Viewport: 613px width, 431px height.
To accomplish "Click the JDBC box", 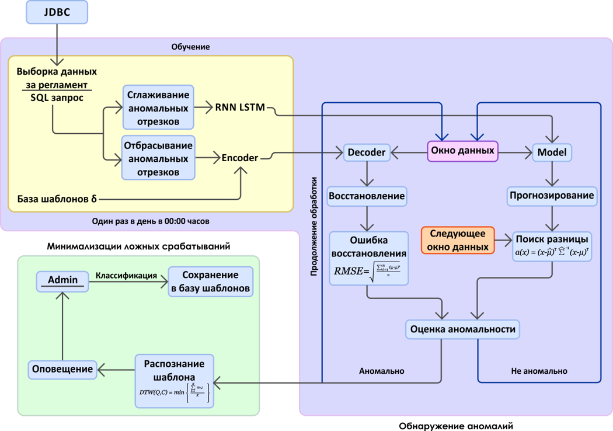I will [57, 12].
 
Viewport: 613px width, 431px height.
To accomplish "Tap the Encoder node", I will [239, 157].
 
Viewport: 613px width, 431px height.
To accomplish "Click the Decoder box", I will [366, 152].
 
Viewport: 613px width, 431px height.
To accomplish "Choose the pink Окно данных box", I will [462, 151].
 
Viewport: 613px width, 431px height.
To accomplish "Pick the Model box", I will [552, 152].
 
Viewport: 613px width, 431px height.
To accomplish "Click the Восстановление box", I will [367, 196].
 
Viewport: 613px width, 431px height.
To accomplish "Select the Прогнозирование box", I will [552, 196].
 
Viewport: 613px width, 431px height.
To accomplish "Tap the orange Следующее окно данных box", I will [458, 240].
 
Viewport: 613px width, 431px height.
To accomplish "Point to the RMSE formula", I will [368, 270].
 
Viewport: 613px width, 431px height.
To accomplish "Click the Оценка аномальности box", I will [462, 329].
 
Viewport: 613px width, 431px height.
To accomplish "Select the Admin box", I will [62, 280].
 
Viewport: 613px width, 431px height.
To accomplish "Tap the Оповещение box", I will [62, 369].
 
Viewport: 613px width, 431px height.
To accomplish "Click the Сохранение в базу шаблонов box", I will [211, 281].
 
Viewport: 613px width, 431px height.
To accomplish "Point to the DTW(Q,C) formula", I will [174, 392].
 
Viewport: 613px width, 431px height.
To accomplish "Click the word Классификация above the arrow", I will [127, 276].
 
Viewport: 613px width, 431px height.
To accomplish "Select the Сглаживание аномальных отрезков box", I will [158, 107].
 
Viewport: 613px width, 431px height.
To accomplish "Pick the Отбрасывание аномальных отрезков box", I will [158, 158].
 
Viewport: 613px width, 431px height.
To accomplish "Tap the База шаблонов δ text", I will [57, 199].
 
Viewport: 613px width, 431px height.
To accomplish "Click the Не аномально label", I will [539, 371].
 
